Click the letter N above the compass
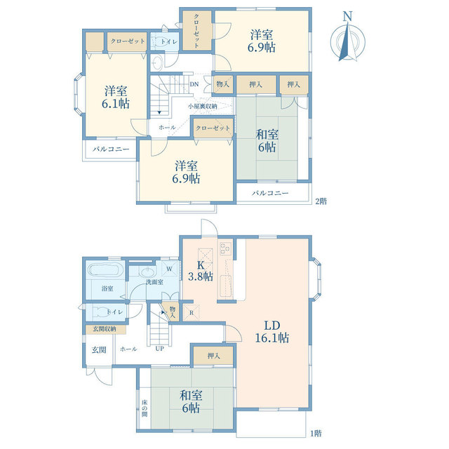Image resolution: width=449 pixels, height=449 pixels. coord(348,16)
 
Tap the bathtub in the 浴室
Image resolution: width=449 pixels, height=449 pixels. coord(105,270)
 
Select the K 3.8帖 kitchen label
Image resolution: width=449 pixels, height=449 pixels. coord(201,271)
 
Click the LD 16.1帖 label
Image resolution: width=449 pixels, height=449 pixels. coord(272,332)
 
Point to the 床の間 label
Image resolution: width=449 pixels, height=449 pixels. coord(145,408)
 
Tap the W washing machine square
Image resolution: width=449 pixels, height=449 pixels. coord(170,269)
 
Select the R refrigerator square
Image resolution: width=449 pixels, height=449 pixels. coord(192,313)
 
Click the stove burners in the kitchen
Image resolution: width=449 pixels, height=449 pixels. coord(225,248)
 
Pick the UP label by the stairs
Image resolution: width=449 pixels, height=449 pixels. coord(159,349)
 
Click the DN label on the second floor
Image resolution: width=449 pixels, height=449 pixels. coord(194,84)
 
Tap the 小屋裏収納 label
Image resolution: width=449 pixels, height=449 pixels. coord(203,106)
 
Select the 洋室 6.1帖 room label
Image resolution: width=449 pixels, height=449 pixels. coord(116,97)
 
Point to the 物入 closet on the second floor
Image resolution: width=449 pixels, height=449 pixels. coord(223,84)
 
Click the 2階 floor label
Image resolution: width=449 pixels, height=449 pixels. coord(321,201)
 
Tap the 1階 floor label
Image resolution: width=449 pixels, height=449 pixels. coord(316,434)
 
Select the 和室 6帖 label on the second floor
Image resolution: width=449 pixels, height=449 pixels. coord(267,140)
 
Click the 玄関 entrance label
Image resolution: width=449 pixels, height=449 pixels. coord(99,349)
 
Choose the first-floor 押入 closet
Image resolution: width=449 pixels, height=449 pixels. coord(213,356)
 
